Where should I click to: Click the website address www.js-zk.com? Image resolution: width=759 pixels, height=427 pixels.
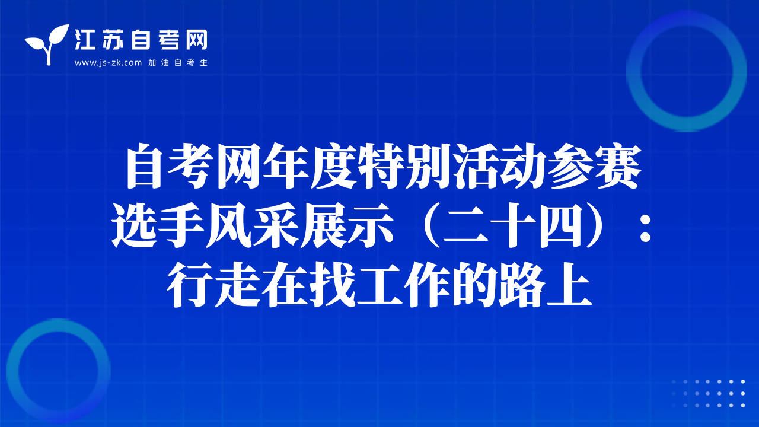(108, 63)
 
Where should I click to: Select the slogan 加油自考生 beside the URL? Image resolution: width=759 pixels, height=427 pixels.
(178, 63)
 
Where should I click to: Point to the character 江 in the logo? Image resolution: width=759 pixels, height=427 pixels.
(84, 40)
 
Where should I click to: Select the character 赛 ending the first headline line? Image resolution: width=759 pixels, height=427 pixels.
(618, 166)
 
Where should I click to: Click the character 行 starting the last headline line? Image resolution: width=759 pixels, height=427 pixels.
(190, 285)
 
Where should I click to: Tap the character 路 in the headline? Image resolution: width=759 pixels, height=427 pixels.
(522, 285)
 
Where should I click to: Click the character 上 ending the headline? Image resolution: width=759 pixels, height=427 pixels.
(569, 285)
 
